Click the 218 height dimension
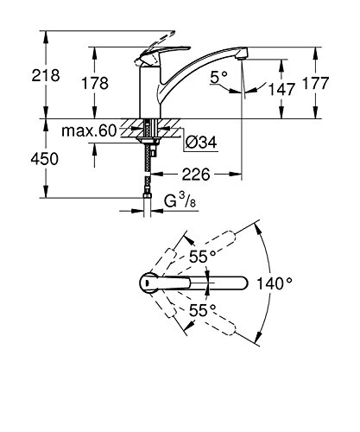[x=46, y=75]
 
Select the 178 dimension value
[x=95, y=83]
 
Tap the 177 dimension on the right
[x=316, y=83]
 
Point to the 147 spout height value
[x=281, y=89]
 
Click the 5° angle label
[x=219, y=77]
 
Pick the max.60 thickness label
[x=89, y=131]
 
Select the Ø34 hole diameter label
[x=201, y=142]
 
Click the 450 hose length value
[x=45, y=159]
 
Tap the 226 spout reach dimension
[x=196, y=175]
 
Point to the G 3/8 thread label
[x=180, y=200]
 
